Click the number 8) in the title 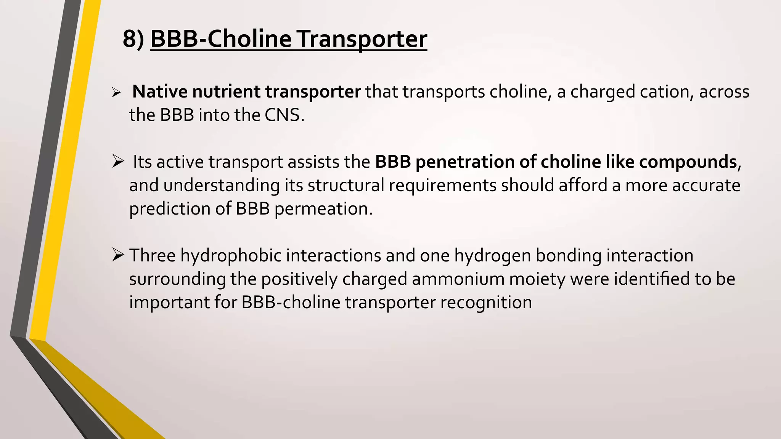(x=133, y=39)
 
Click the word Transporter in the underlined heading (x=362, y=39)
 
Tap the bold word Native (x=160, y=92)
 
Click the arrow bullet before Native (x=116, y=93)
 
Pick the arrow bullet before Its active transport (x=118, y=162)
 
